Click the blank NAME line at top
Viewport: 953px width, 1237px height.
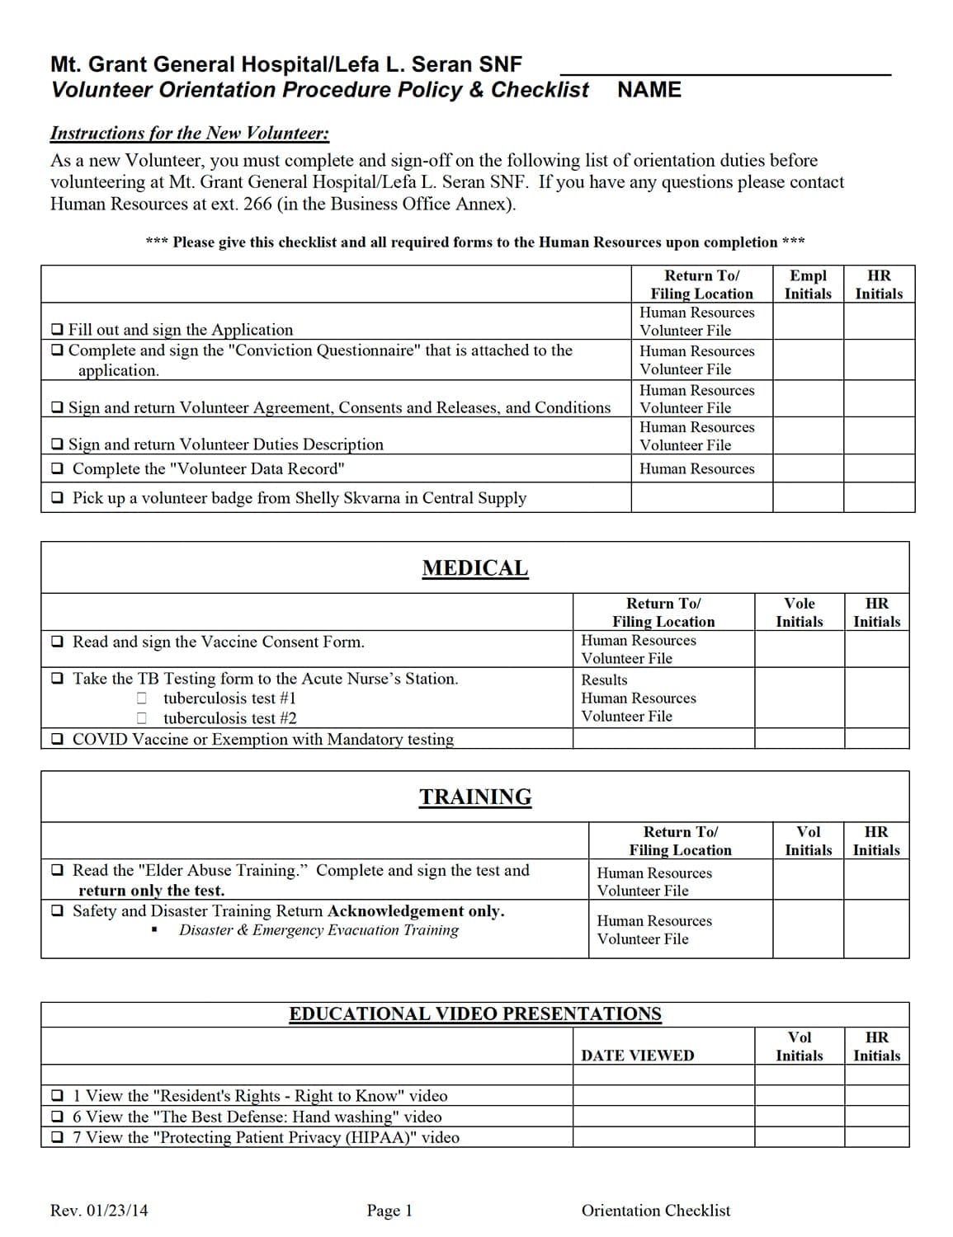[x=725, y=73]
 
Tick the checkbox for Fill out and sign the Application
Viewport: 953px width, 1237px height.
[x=57, y=329]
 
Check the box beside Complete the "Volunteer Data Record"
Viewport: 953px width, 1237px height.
[x=57, y=468]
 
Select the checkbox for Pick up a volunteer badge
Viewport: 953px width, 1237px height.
[x=57, y=497]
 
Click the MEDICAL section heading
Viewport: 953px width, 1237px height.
[x=474, y=568]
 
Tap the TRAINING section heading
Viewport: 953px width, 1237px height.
[x=475, y=797]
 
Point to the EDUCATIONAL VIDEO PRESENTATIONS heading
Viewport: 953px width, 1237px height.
[x=474, y=1014]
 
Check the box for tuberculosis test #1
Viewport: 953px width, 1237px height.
[x=142, y=698]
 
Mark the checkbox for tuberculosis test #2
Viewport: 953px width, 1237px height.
[x=142, y=718]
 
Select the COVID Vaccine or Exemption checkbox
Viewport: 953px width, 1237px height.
[x=57, y=739]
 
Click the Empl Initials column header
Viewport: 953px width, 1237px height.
[x=808, y=285]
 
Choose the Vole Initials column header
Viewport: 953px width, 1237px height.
[x=799, y=612]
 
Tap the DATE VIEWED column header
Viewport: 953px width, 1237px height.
[x=637, y=1056]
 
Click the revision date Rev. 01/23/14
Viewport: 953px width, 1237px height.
[x=99, y=1211]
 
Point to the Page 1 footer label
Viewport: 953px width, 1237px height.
[x=389, y=1211]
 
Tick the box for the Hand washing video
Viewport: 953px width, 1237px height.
[x=57, y=1117]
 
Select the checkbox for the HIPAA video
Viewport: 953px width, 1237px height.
[x=57, y=1137]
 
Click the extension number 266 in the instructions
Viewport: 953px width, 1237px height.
[x=257, y=204]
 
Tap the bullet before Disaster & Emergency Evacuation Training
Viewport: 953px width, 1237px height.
[x=154, y=930]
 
